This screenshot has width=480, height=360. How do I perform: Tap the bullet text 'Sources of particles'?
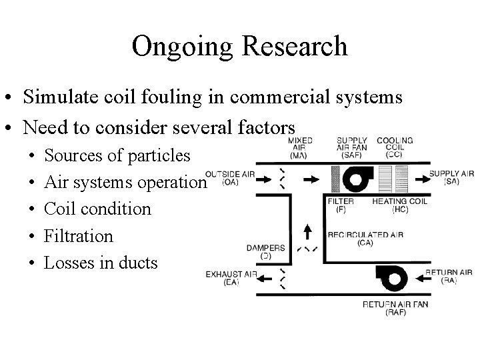[117, 155]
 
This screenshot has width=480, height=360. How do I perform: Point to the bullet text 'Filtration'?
[79, 235]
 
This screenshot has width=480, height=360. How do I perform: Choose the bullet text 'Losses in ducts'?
[101, 262]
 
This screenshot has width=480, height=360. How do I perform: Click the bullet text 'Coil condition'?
[97, 209]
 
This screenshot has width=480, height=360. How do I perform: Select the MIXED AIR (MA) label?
[300, 147]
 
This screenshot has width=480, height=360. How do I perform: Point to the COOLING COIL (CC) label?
[395, 147]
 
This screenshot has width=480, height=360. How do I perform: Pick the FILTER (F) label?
[340, 205]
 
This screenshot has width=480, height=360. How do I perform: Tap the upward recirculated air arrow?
[307, 232]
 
